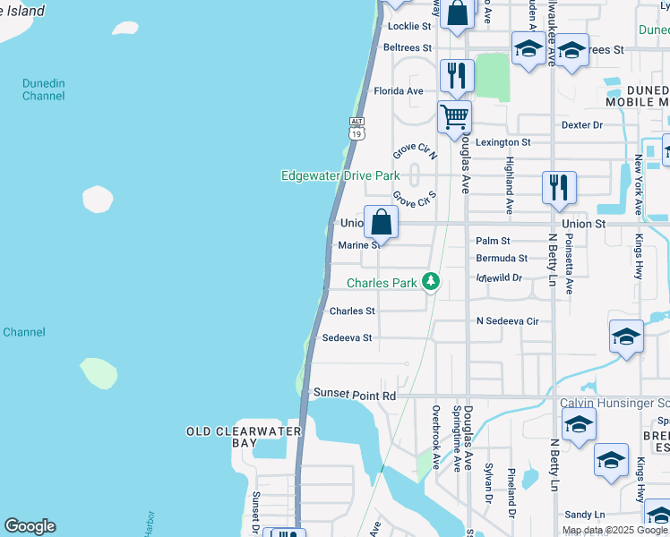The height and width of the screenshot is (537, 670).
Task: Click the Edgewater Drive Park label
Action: (x=340, y=176)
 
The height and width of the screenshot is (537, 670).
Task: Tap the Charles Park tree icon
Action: (x=432, y=283)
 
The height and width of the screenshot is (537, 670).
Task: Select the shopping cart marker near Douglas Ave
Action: (x=455, y=116)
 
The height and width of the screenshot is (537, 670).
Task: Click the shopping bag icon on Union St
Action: (x=381, y=223)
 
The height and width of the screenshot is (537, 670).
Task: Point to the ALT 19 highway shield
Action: (x=357, y=129)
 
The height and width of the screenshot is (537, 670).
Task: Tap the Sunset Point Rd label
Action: (x=354, y=395)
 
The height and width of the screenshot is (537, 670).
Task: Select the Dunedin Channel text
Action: (x=44, y=89)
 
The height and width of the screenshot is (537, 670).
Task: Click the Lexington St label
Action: (x=502, y=142)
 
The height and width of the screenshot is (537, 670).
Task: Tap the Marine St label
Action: (x=356, y=245)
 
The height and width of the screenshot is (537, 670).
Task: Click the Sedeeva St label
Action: (x=346, y=338)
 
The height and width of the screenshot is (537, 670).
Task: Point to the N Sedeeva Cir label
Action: (x=507, y=320)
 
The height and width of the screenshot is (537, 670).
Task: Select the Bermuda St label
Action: (x=501, y=259)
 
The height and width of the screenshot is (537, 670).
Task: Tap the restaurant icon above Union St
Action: (x=559, y=187)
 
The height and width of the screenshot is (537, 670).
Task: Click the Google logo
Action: (x=30, y=526)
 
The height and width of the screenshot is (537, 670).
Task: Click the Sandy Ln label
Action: (x=585, y=515)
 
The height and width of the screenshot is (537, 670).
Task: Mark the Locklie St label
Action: (x=408, y=27)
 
